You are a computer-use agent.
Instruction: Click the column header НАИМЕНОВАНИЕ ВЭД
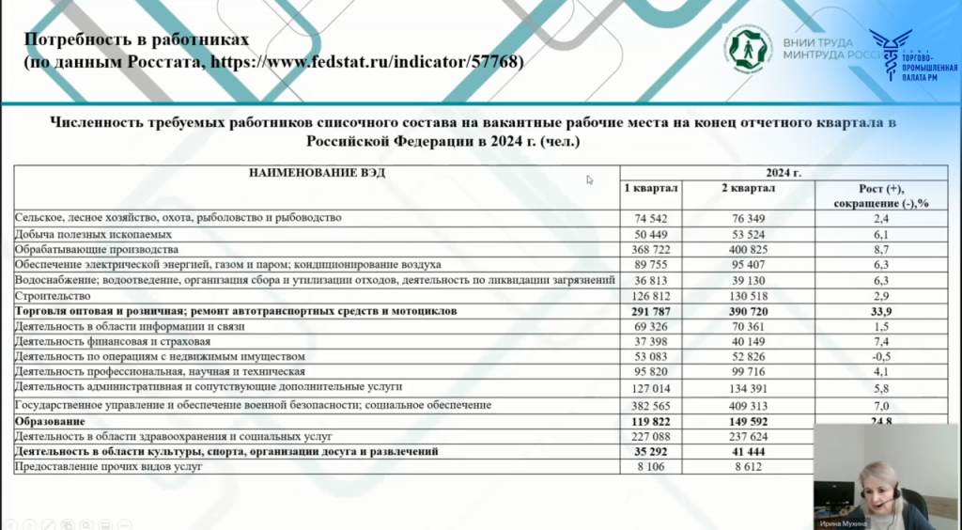(x=318, y=173)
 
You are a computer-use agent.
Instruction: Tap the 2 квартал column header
(x=748, y=188)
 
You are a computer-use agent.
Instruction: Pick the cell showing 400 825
(x=748, y=250)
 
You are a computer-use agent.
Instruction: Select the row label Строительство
(x=46, y=295)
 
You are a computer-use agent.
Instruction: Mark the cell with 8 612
(x=748, y=466)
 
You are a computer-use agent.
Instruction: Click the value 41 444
(x=748, y=452)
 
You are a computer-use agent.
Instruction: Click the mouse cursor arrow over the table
(x=591, y=179)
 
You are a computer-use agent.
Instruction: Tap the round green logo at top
(x=748, y=48)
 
